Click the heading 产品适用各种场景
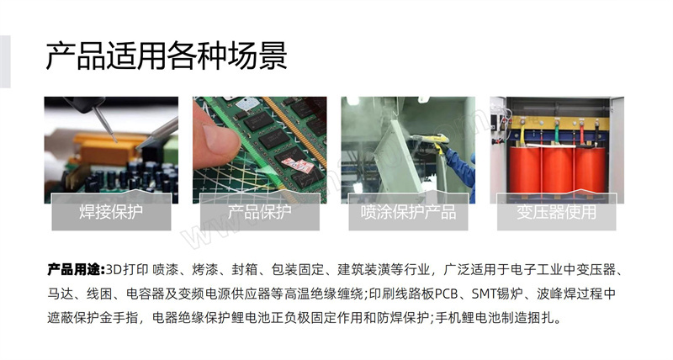point(166,56)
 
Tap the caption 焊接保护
point(111,212)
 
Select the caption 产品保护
point(260,212)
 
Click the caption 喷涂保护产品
point(408,212)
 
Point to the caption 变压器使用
point(557,212)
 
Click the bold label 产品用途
point(76,269)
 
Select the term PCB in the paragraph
point(448,294)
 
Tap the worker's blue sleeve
point(462,170)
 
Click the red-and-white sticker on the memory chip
point(299,166)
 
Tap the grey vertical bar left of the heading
point(5,61)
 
